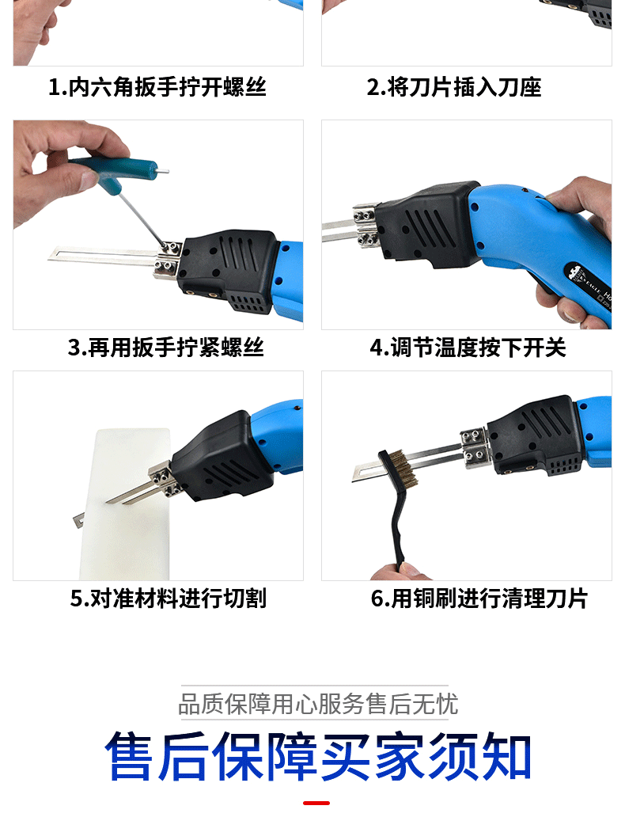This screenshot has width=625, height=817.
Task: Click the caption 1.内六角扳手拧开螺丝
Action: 157,87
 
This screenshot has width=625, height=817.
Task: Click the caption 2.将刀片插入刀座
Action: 454,87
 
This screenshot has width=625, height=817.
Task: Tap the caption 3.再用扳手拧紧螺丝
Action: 165,348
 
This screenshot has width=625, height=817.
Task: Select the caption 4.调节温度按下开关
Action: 468,348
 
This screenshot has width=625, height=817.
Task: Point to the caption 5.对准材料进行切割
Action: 168,598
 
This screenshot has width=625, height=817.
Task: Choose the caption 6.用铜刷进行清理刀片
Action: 479,598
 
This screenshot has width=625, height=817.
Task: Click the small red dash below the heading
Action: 316,803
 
